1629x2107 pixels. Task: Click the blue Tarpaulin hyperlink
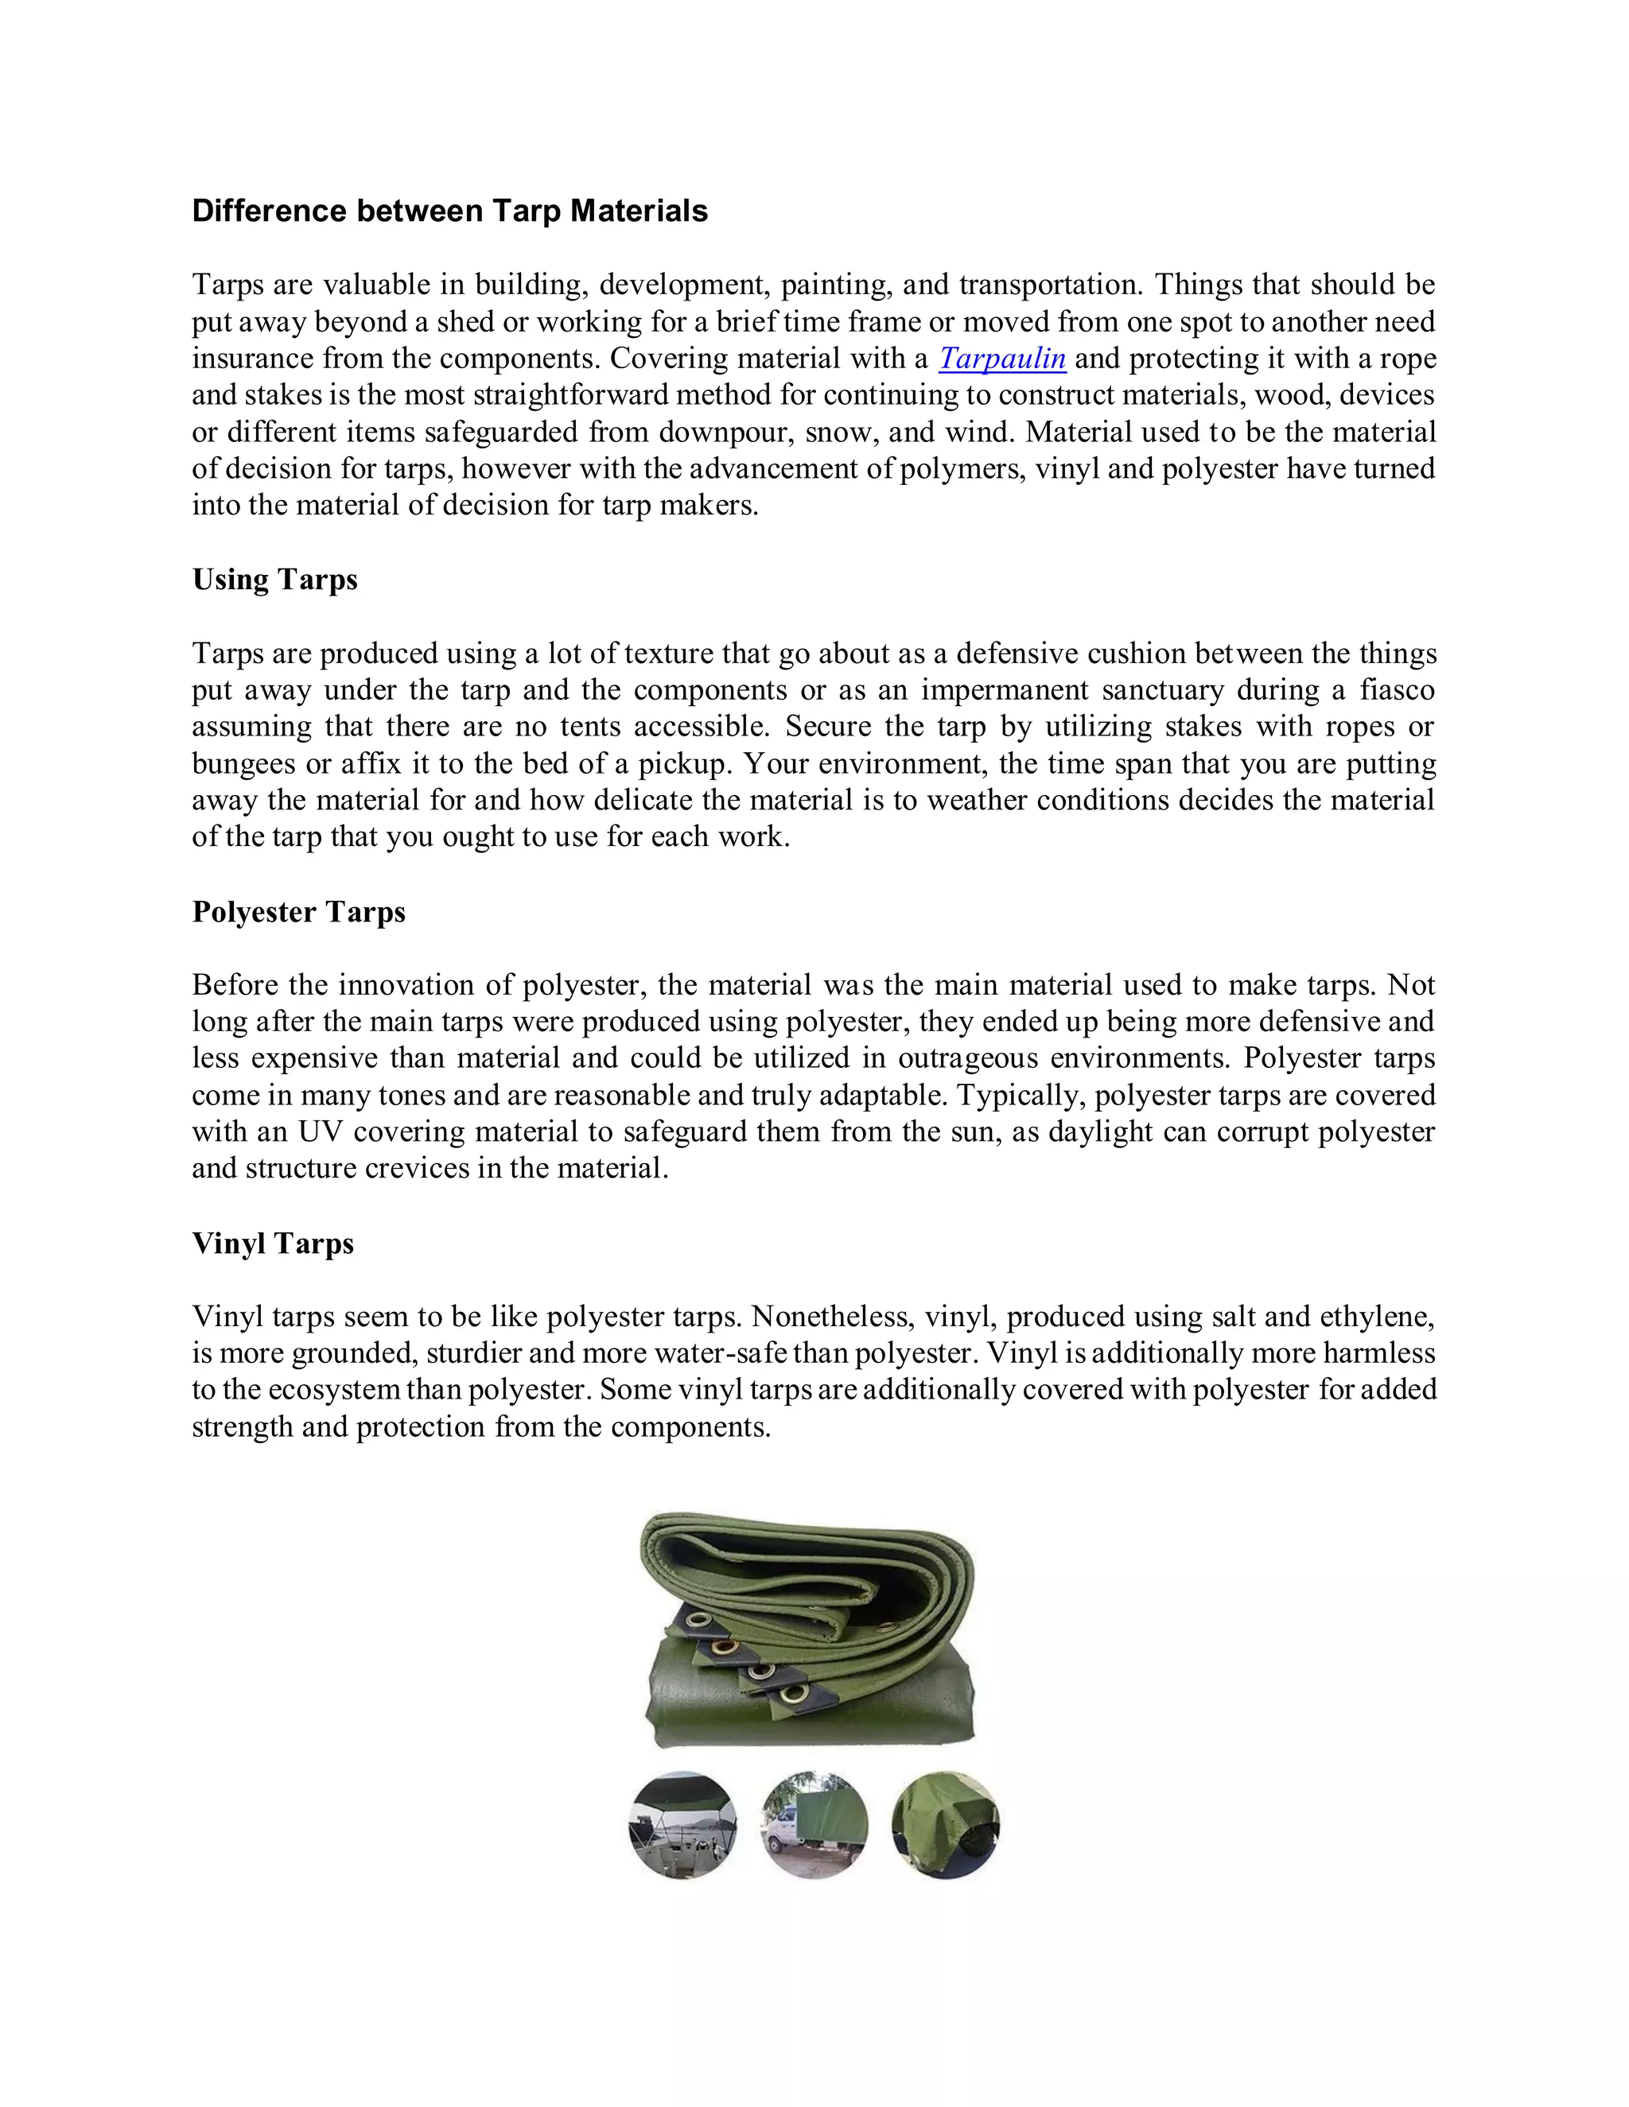1001,359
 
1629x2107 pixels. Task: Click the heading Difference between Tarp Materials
449,211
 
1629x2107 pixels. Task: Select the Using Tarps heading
275,580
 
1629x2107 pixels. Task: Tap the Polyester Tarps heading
298,912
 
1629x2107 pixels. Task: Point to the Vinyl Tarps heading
273,1244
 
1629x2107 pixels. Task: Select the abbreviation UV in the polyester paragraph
321,1131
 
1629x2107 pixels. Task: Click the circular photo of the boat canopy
682,1826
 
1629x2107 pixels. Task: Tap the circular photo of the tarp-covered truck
814,1826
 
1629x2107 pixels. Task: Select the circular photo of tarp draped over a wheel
945,1826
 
